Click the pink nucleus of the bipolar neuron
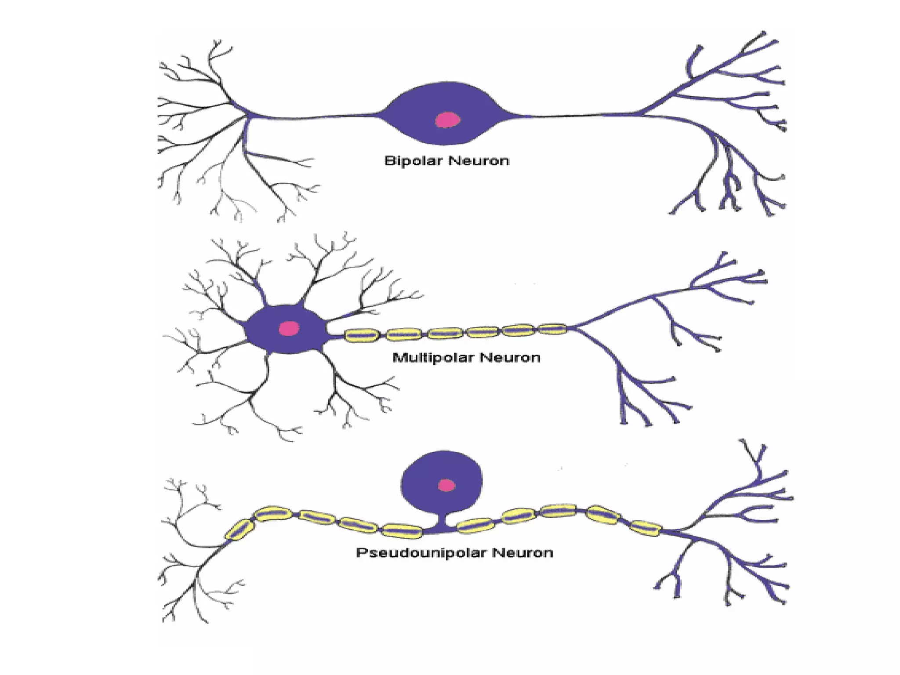click(x=447, y=120)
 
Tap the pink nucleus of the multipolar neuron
click(x=289, y=328)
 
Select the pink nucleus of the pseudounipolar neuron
click(x=447, y=485)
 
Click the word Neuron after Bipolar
click(x=479, y=161)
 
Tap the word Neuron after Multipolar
click(x=510, y=358)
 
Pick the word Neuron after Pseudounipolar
click(x=523, y=552)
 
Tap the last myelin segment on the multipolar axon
click(x=552, y=329)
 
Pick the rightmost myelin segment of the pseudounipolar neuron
click(x=646, y=528)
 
